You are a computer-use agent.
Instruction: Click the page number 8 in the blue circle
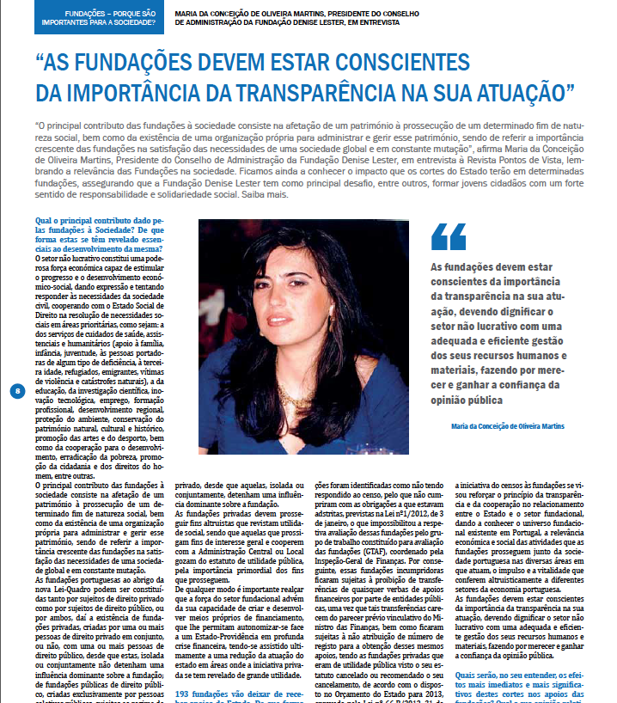[17, 391]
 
